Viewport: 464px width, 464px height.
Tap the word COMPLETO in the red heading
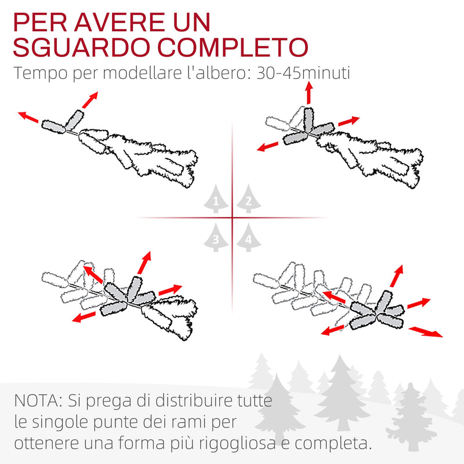coord(229,47)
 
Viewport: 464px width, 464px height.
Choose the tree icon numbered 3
coord(216,238)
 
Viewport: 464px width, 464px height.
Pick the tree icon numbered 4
coord(248,238)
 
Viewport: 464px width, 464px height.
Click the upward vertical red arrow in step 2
coord(309,92)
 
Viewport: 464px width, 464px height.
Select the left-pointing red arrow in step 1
coord(28,118)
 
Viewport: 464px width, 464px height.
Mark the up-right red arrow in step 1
coord(89,100)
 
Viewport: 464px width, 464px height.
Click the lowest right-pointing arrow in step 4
coord(426,332)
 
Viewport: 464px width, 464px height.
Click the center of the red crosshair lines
coord(232,218)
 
